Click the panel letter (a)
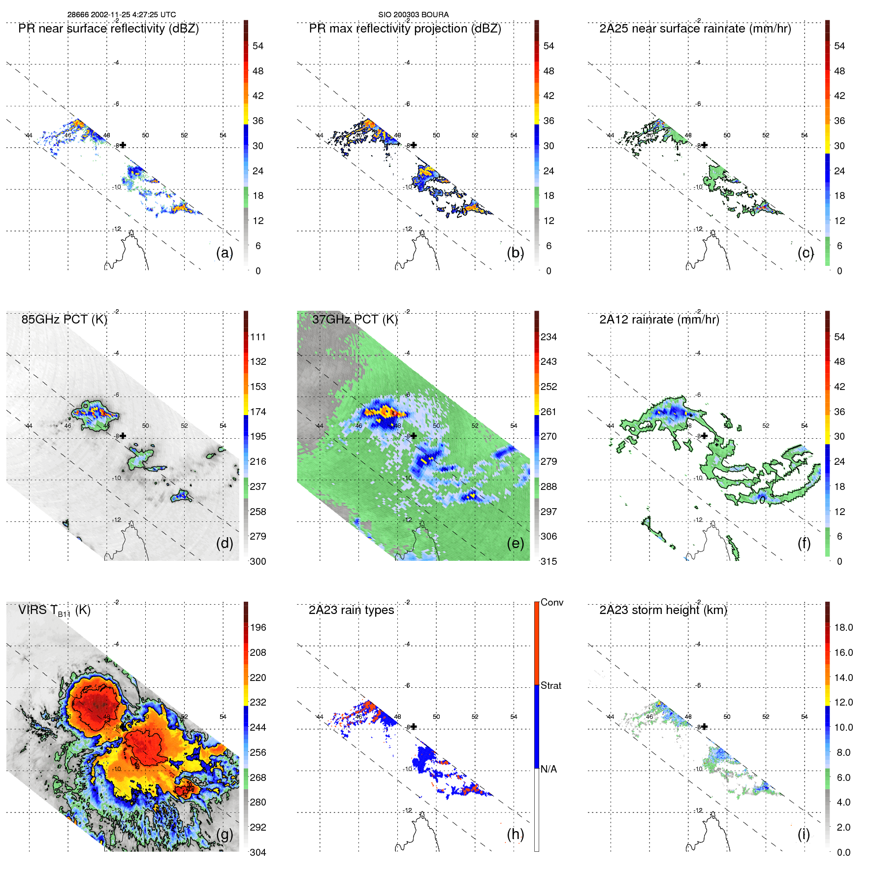coord(225,253)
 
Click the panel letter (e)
coord(515,543)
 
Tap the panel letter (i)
coord(804,834)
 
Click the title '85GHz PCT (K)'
coord(64,319)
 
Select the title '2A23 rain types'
coord(351,610)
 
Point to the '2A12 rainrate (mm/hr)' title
coord(659,319)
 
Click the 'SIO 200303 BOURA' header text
coord(413,14)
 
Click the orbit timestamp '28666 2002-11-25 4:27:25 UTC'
coord(122,14)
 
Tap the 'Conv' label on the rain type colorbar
coord(551,602)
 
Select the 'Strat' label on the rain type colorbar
coord(550,685)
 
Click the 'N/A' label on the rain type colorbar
coord(549,769)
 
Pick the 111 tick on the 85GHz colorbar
coord(258,337)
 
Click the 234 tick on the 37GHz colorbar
coord(549,337)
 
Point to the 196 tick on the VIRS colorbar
coord(258,627)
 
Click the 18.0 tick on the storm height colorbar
coord(843,627)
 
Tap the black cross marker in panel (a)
coord(123,145)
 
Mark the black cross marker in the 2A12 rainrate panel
coord(705,435)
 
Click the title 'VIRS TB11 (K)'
coord(54,611)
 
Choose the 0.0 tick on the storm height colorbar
coord(843,852)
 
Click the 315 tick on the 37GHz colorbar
coord(549,561)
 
